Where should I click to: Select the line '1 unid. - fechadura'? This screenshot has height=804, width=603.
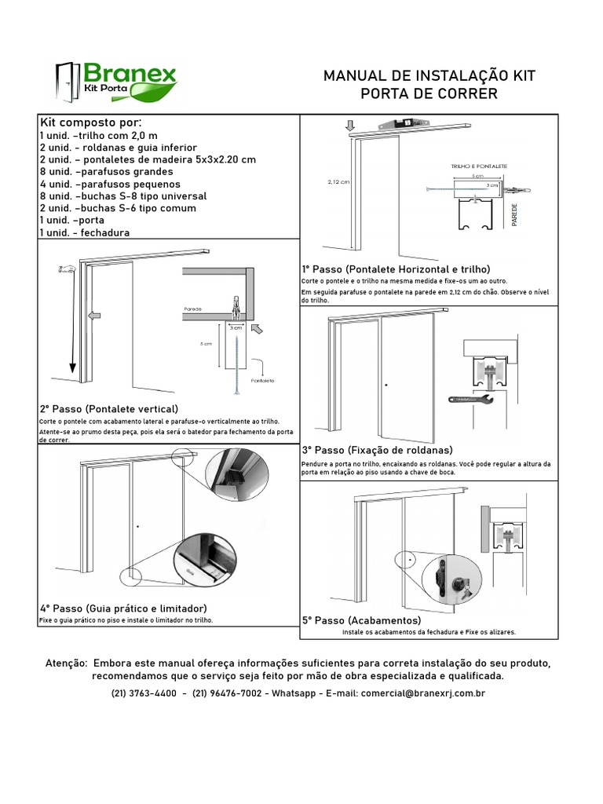coord(85,232)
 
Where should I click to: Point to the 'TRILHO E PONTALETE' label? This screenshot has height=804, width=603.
coord(479,167)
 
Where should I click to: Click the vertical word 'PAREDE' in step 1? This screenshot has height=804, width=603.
coord(515,214)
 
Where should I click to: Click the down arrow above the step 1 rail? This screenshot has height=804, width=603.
coord(350,124)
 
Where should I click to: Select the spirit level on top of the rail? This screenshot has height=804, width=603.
coord(404,123)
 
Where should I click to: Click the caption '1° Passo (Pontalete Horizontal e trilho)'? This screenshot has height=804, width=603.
coord(396,269)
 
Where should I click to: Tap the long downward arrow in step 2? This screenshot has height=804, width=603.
coord(71,322)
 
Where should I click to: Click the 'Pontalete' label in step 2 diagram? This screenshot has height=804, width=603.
coord(261,379)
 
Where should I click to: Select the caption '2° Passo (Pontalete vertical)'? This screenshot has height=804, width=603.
coord(108,409)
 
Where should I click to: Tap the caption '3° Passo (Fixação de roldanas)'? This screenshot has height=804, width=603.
coord(377,450)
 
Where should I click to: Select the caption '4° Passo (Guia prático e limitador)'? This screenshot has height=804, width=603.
coord(123,608)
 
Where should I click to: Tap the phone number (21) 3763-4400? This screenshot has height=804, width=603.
coord(144,693)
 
